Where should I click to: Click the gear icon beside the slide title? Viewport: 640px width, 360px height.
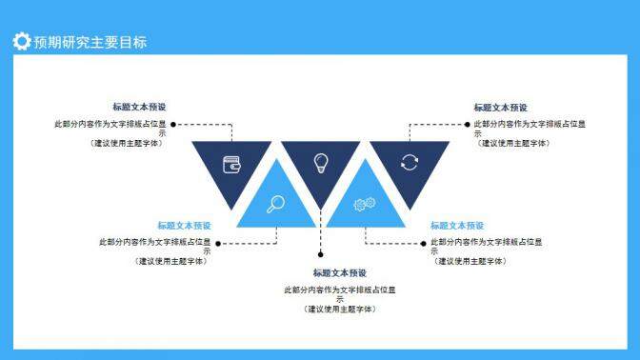click(21, 41)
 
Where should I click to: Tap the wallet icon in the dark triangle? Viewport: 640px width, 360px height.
click(231, 163)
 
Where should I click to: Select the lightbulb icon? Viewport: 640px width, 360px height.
click(321, 162)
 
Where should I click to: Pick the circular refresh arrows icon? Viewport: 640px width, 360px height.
click(409, 162)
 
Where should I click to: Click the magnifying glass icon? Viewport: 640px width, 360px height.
click(276, 202)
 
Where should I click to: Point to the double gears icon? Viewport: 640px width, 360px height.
click(364, 203)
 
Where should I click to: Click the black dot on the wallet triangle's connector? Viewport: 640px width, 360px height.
click(173, 124)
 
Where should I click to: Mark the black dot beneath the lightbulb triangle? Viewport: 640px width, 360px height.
click(321, 254)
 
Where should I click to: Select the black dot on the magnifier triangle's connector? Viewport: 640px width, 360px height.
click(218, 243)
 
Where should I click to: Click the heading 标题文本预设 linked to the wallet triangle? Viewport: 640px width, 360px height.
click(139, 108)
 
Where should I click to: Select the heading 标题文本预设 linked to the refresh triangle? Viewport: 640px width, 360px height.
click(501, 108)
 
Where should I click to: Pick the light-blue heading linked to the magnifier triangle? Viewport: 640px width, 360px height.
click(185, 226)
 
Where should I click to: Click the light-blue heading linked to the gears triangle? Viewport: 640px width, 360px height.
click(457, 226)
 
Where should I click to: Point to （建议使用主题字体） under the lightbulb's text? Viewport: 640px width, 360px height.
click(340, 309)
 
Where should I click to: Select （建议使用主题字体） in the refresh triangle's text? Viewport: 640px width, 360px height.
click(514, 143)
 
